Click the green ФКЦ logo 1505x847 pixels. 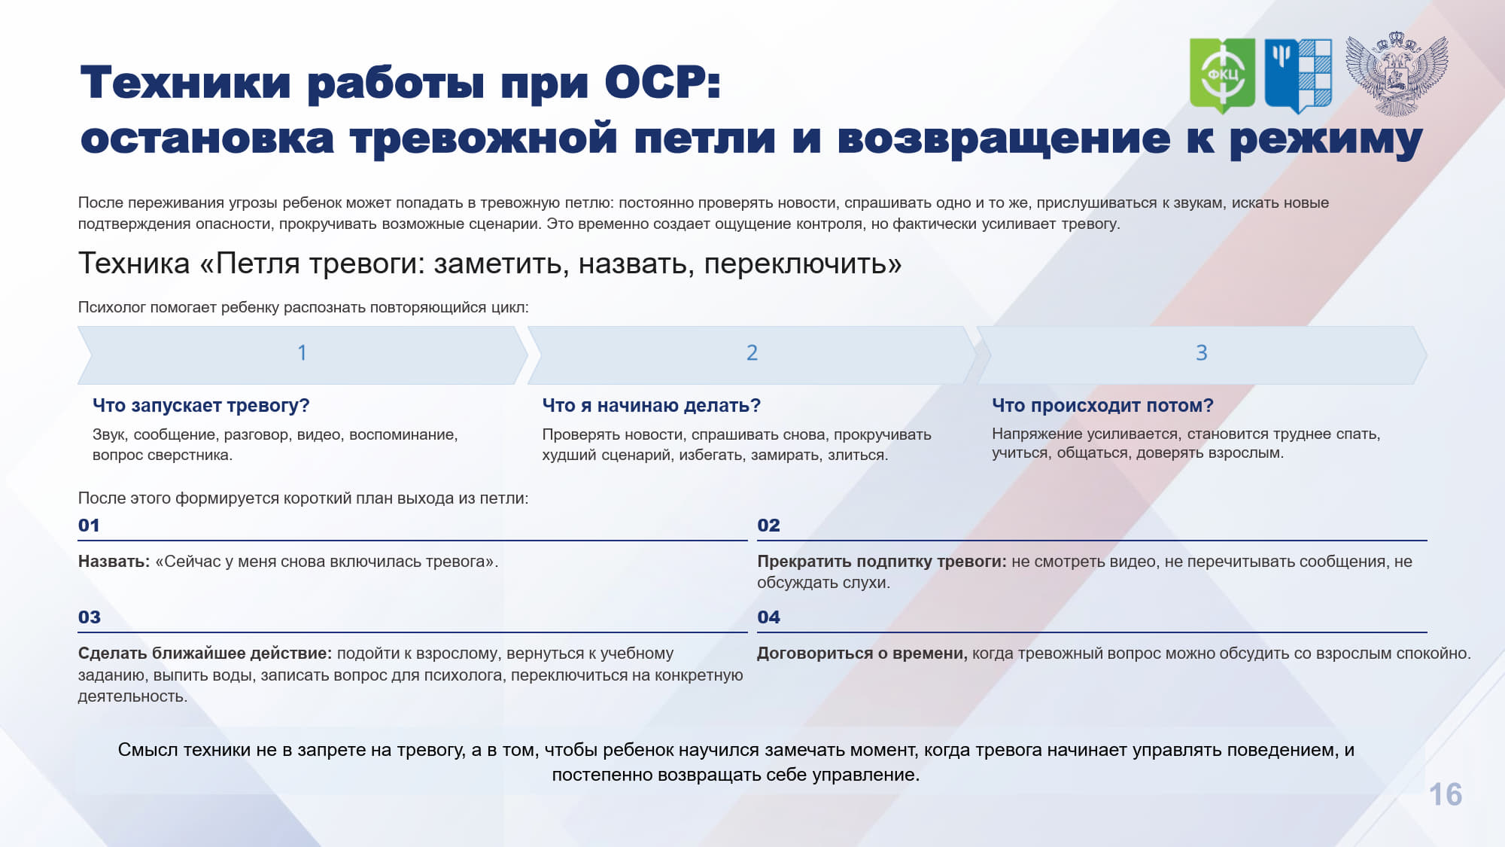(x=1222, y=75)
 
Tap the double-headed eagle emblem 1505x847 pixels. (x=1397, y=74)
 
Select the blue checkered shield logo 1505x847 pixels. (x=1298, y=75)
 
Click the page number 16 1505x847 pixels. (x=1445, y=794)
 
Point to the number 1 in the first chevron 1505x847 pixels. (x=302, y=352)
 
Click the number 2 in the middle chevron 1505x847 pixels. (x=752, y=352)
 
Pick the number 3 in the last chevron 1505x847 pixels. (x=1202, y=352)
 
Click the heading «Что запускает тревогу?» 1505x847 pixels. (x=201, y=405)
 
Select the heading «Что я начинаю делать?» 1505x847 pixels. (x=652, y=405)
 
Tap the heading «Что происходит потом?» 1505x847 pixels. (x=1102, y=405)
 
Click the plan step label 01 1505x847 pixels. (x=89, y=525)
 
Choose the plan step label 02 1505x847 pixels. (x=768, y=525)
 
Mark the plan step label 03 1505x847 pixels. (x=89, y=617)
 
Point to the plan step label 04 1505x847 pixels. (x=768, y=617)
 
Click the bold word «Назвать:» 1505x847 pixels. (x=114, y=562)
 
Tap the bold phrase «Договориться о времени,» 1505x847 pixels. (x=862, y=654)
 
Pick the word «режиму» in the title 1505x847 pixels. (x=1326, y=140)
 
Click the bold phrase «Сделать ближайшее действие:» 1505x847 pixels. (x=205, y=654)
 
